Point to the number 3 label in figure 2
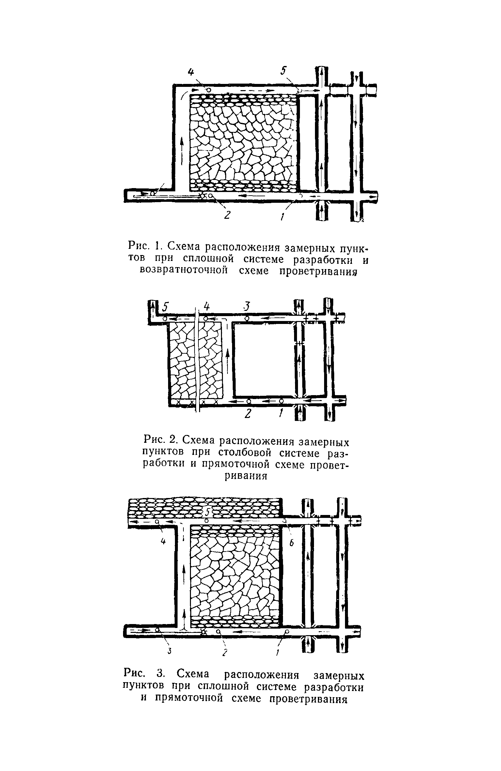click(247, 307)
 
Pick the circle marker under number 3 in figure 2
click(247, 318)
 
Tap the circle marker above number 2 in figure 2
click(249, 401)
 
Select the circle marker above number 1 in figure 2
click(281, 401)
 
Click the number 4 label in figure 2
click(206, 307)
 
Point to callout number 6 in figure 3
click(292, 543)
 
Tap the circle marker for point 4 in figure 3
click(157, 522)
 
